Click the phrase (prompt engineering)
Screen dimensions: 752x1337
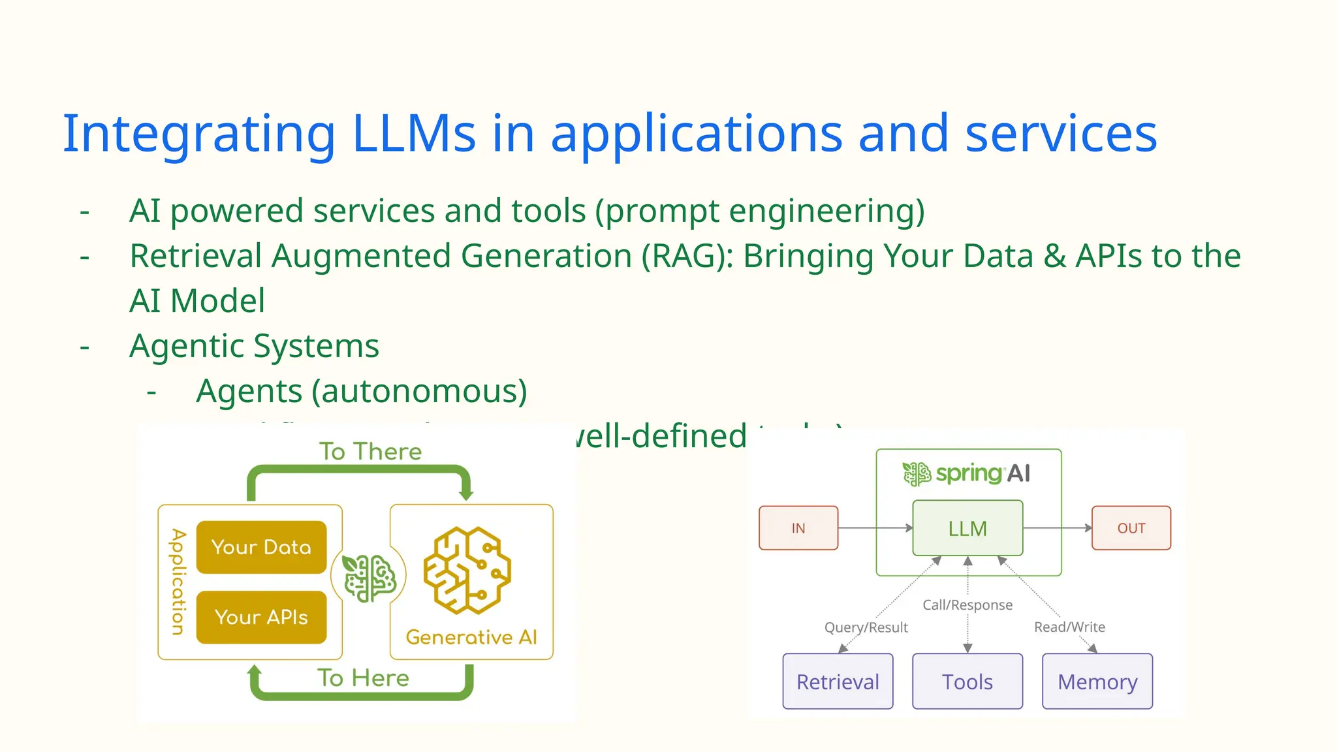pos(760,211)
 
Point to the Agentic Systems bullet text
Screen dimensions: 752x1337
pos(254,346)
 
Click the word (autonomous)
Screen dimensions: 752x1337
pos(419,392)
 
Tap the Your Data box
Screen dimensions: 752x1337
pos(261,547)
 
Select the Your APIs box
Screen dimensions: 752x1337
pos(261,617)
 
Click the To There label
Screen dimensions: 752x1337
pos(370,452)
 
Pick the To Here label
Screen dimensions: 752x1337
pos(363,678)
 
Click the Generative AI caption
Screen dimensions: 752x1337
pos(471,637)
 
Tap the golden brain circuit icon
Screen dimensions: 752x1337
pos(467,571)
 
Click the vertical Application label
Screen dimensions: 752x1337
pos(178,581)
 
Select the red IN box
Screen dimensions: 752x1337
pos(798,528)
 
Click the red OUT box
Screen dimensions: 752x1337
pos(1131,528)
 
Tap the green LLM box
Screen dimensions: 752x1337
pos(967,528)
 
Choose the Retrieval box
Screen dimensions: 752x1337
pos(838,681)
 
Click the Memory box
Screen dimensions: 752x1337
pos(1097,681)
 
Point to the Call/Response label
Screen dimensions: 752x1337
pos(967,605)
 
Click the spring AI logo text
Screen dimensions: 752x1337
pos(982,473)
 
